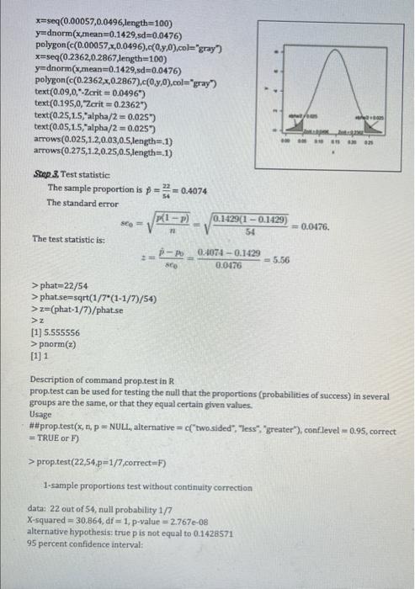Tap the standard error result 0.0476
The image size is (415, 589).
point(329,226)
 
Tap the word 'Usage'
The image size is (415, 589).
point(42,414)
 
